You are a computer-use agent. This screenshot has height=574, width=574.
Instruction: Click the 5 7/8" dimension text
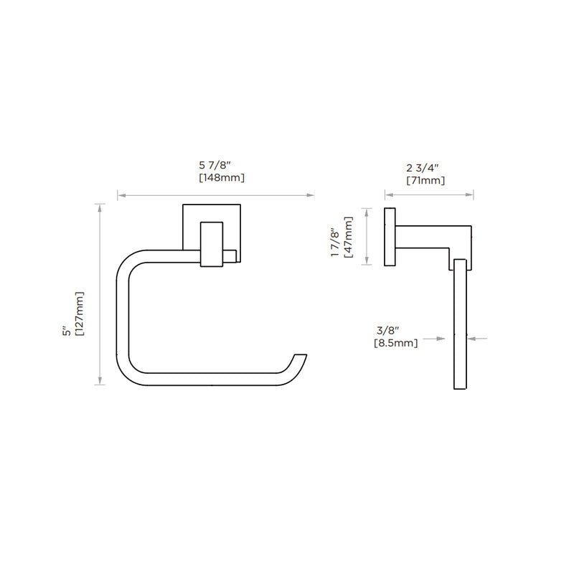(x=215, y=166)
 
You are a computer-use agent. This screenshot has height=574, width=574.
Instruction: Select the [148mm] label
(x=222, y=178)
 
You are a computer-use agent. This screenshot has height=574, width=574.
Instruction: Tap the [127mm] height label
(x=80, y=314)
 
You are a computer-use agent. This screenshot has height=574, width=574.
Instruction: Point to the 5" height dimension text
(x=67, y=331)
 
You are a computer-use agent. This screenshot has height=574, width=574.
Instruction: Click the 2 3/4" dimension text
(x=422, y=168)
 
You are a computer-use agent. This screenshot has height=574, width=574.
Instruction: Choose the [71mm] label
(x=425, y=181)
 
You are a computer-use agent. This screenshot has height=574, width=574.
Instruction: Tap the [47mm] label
(x=348, y=237)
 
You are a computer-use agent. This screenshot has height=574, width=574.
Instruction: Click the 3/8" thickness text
(x=387, y=331)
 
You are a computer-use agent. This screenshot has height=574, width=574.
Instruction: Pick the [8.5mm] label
(x=396, y=344)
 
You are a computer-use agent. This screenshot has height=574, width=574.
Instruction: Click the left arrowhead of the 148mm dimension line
(x=121, y=195)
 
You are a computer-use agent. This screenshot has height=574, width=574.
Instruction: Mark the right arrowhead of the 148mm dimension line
(x=310, y=195)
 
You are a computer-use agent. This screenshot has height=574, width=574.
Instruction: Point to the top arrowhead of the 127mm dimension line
(x=100, y=208)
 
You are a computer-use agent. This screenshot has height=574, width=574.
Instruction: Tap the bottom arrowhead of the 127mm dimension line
(x=100, y=381)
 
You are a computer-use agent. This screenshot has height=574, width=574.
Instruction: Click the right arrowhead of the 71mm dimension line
(x=469, y=194)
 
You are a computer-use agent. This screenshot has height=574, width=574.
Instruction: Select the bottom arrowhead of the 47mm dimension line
(x=367, y=260)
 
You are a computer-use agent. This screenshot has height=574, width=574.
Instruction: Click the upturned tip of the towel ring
(x=301, y=355)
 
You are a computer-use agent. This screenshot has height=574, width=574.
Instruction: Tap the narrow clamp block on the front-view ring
(x=212, y=244)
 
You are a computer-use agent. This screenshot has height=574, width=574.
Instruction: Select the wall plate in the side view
(x=390, y=237)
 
